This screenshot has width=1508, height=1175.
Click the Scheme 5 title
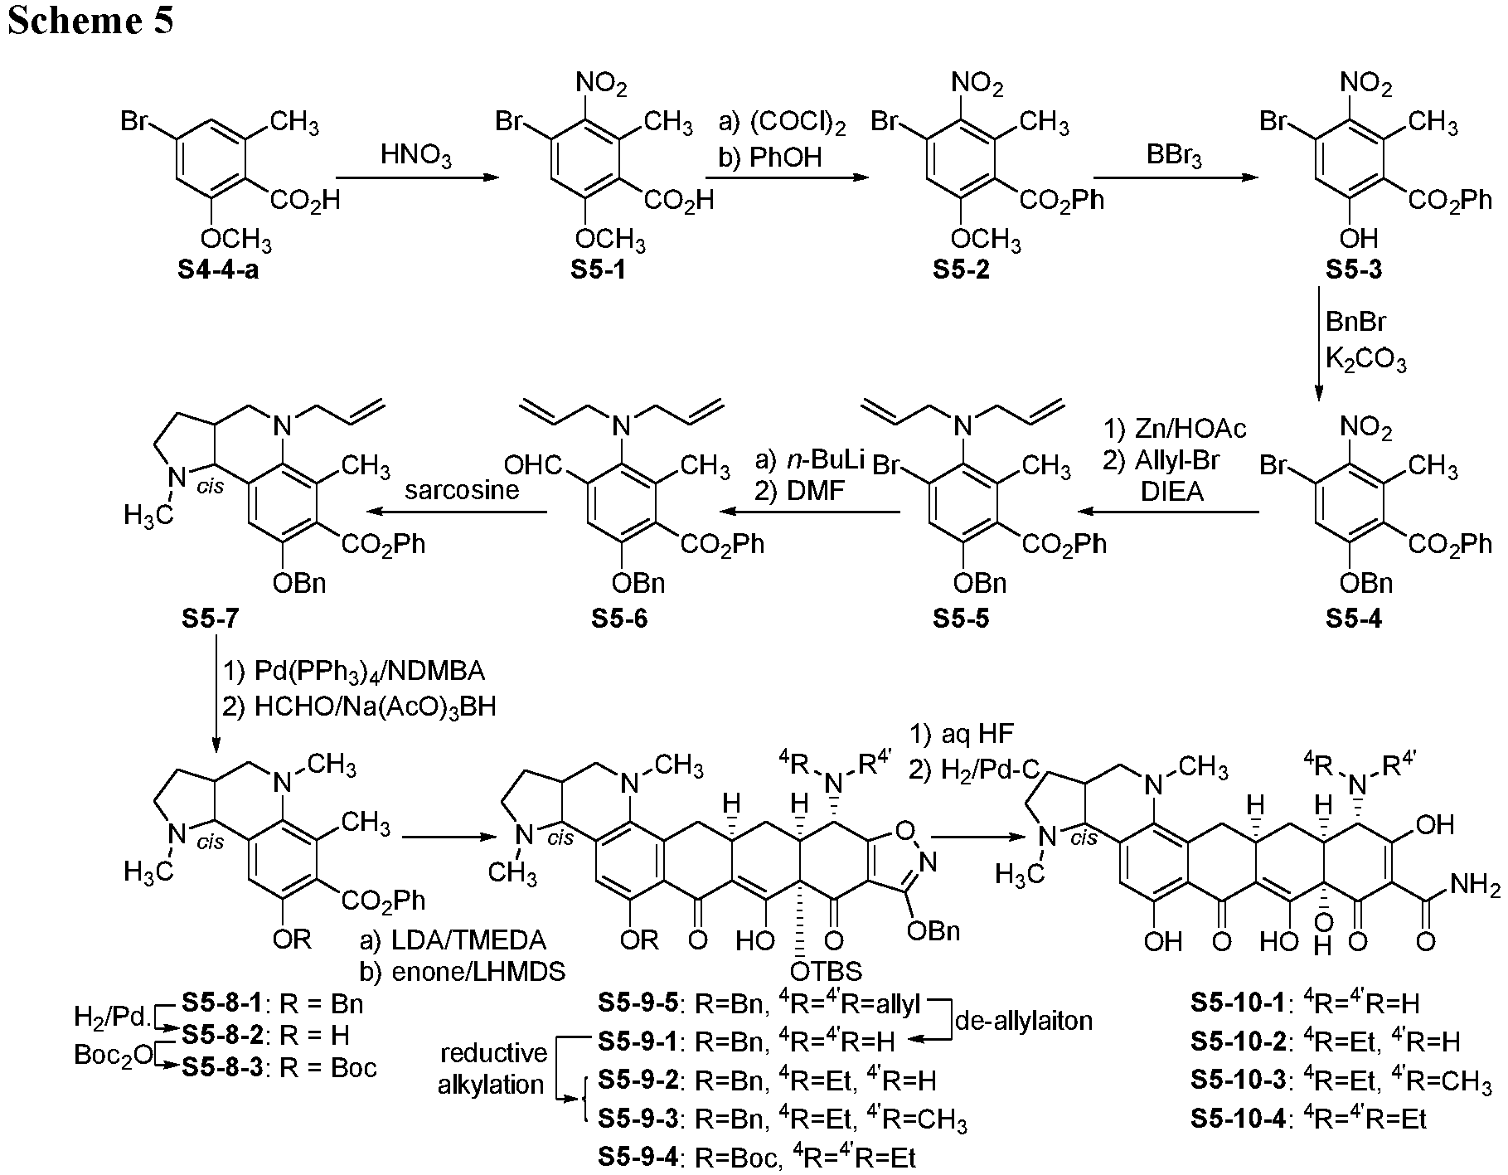pos(90,20)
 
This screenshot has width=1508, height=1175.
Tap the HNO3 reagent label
pos(417,155)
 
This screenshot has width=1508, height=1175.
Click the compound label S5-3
pos(1354,270)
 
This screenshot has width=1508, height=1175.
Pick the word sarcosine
pos(462,489)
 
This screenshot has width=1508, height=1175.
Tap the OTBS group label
pos(827,969)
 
